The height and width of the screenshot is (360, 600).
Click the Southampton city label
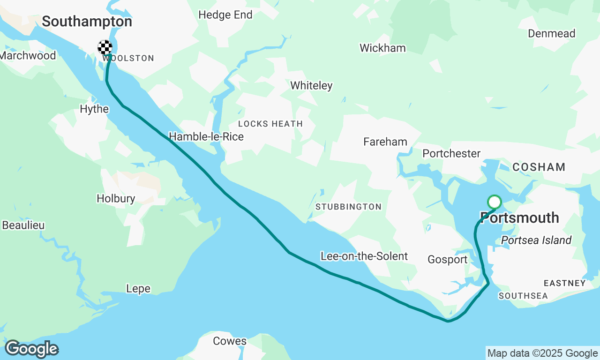(87, 22)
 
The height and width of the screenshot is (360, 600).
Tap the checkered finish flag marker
(105, 47)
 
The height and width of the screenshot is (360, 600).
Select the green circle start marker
(495, 202)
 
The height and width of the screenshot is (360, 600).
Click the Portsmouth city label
(519, 218)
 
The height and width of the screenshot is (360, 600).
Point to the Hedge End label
(225, 15)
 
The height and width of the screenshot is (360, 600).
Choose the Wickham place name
(382, 48)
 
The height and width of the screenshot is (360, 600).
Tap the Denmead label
(551, 34)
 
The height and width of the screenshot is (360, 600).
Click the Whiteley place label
(311, 85)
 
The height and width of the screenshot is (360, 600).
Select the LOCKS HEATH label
(270, 124)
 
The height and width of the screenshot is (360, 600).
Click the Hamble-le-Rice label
(206, 136)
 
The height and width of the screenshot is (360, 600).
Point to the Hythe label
(94, 109)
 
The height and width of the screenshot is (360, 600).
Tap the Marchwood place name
(28, 55)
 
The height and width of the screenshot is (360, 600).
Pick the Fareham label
(385, 142)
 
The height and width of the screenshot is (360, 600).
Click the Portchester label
(451, 154)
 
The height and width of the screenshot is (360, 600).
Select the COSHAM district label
(539, 167)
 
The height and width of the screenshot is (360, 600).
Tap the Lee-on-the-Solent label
(364, 256)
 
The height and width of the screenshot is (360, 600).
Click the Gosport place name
(447, 260)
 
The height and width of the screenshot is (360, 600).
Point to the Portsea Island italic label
(536, 240)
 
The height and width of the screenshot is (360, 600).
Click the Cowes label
(230, 341)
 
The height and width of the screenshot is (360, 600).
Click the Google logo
(31, 349)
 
